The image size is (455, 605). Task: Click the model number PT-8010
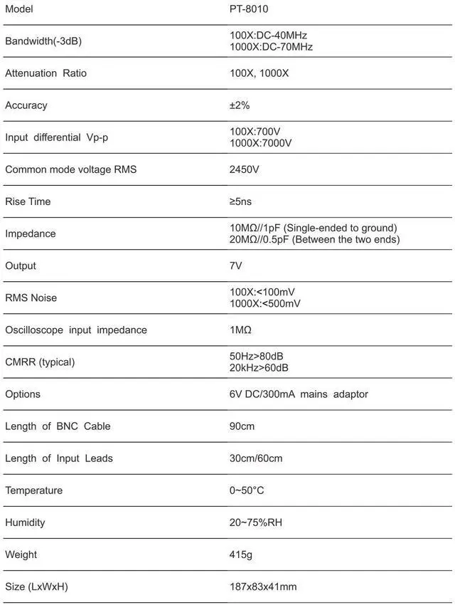[x=249, y=9]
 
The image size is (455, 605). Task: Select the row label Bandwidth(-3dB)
[x=43, y=41]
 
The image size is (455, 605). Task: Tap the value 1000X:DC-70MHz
[x=271, y=47]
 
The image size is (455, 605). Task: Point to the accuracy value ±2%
[x=240, y=105]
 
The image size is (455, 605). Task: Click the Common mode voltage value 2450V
[x=245, y=169]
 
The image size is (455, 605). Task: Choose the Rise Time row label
[x=28, y=201]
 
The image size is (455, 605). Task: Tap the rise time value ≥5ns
[x=240, y=201]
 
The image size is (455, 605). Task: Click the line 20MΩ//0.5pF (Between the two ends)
[x=314, y=239]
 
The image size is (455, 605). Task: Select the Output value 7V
[x=236, y=265]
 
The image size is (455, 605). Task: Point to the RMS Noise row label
[x=31, y=298]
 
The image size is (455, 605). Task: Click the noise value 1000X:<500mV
[x=264, y=303]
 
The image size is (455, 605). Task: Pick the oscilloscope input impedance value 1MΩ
[x=240, y=330]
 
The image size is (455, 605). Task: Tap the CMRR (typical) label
[x=40, y=362]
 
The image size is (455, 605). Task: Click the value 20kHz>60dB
[x=259, y=367]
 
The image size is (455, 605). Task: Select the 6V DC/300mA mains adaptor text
[x=299, y=394]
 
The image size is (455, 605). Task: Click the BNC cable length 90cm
[x=242, y=426]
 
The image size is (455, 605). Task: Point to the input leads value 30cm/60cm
[x=256, y=458]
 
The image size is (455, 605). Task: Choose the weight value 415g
[x=241, y=554]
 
